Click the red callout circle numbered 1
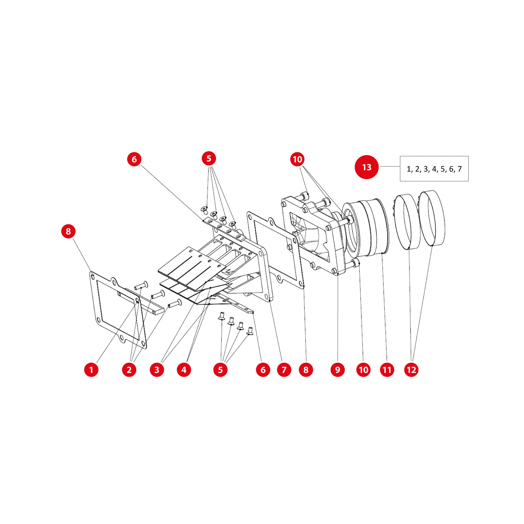point(91,370)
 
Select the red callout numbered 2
point(129,370)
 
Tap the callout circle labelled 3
point(157,370)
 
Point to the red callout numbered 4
point(184,370)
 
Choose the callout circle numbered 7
point(284,370)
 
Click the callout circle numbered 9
point(338,370)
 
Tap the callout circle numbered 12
point(411,370)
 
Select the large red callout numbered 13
point(367,167)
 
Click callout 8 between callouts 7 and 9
point(306,370)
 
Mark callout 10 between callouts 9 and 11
point(364,370)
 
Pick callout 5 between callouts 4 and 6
point(220,370)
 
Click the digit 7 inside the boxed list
point(459,169)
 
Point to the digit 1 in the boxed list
point(408,169)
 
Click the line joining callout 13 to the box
point(390,166)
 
